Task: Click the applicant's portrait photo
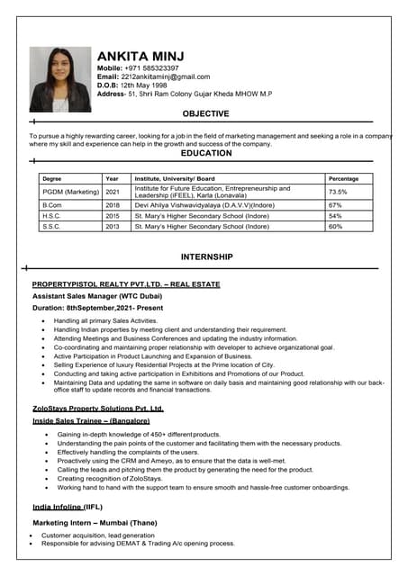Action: [x=60, y=79]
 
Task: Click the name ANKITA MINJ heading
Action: [x=148, y=56]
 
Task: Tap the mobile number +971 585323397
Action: [x=151, y=68]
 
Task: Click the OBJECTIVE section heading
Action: [x=205, y=114]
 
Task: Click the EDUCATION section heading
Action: [x=206, y=154]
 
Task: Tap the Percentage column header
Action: [x=343, y=178]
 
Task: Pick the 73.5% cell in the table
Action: [x=338, y=192]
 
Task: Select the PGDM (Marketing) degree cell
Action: [x=70, y=192]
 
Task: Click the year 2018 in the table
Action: [x=113, y=205]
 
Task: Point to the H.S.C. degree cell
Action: [x=51, y=216]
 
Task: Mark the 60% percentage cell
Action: [x=335, y=227]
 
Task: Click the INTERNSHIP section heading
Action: [x=206, y=257]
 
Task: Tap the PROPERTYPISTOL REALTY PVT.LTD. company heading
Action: [x=125, y=284]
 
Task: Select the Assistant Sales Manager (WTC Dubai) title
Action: [x=96, y=296]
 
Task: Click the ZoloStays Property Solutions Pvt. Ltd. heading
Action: [x=98, y=409]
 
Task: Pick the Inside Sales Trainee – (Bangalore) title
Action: [x=91, y=420]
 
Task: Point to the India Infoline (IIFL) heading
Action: [x=68, y=508]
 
